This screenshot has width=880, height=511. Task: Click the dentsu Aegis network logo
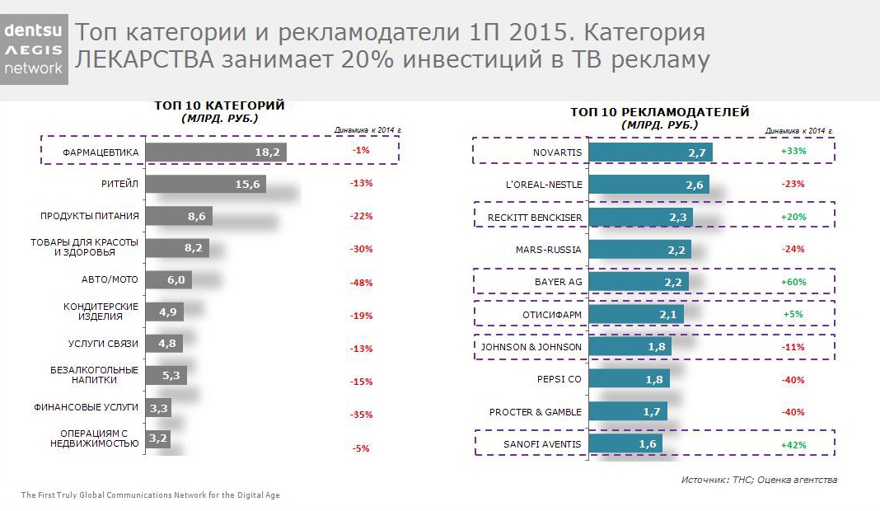click(34, 49)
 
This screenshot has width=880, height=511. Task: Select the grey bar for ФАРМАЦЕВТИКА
click(216, 152)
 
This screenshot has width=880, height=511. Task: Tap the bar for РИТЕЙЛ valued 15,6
click(205, 185)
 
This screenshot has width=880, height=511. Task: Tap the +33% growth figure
click(793, 152)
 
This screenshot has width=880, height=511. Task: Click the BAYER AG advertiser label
click(558, 282)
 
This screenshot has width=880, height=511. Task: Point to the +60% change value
click(793, 282)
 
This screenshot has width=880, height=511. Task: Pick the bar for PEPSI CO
click(630, 380)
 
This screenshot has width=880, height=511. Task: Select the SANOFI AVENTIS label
click(542, 444)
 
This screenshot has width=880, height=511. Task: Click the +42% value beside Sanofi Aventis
click(793, 445)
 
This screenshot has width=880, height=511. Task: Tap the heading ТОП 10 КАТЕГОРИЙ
click(219, 105)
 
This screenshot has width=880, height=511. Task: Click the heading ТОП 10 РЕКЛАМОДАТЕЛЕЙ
click(659, 111)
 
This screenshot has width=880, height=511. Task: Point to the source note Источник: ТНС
click(759, 480)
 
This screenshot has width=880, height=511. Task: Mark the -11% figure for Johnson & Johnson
click(793, 347)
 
